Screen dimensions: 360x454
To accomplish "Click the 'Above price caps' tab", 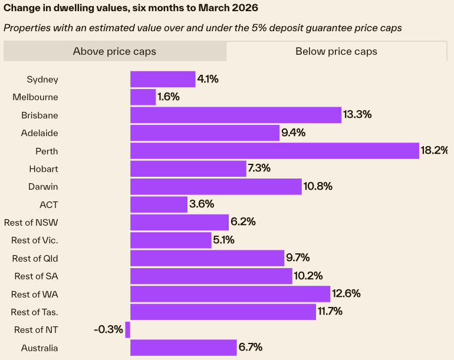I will coord(114,51).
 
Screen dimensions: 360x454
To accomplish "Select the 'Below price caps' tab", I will coord(336,51).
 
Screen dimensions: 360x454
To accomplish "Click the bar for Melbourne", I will coord(143,97).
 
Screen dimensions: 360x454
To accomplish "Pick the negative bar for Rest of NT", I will coord(127,329).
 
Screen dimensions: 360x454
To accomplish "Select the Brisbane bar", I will coord(236,115).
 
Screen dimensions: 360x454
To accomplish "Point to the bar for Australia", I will coord(183,348).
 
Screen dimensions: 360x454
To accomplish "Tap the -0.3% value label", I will coord(108,329).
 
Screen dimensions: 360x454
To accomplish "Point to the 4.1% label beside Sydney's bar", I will coord(208,79).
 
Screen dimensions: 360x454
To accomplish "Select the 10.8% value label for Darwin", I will coord(318,187).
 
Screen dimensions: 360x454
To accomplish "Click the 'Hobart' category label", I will coord(44,169).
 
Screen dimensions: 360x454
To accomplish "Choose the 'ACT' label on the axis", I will coord(48,204).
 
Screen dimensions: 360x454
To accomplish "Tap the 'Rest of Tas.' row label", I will coord(35,312).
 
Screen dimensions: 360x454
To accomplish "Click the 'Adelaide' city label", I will coord(40,133).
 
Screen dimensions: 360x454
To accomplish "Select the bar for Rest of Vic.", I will coord(170,240).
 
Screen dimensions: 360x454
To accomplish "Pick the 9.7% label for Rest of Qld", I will coord(298,258).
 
